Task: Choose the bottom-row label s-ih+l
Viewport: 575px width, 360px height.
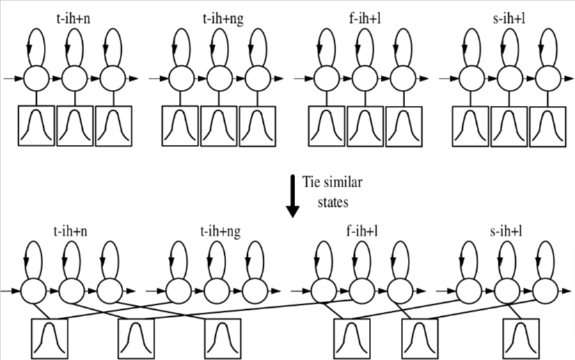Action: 506,232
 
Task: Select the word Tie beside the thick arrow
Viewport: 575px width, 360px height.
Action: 311,182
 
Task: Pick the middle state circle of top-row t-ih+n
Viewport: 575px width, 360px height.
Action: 74,79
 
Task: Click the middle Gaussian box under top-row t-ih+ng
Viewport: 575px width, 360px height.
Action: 219,125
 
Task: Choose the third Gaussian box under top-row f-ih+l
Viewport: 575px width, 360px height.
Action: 404,125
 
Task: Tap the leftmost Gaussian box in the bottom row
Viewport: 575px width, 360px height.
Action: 49,338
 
